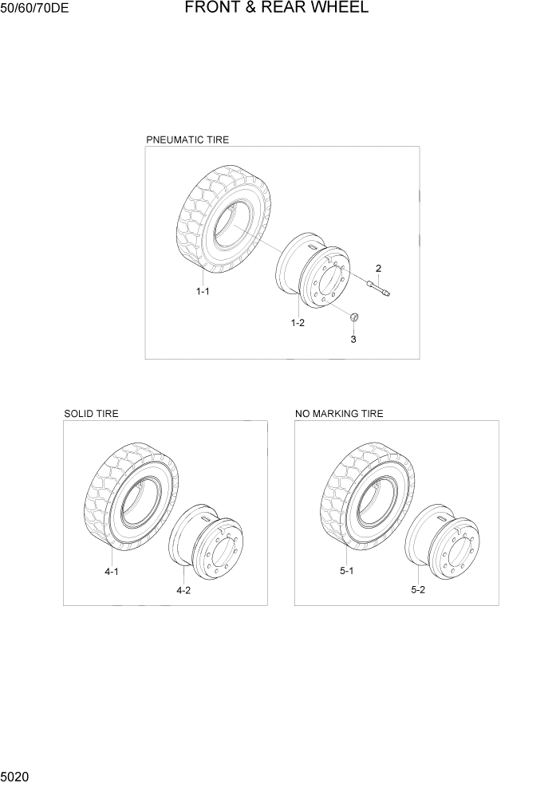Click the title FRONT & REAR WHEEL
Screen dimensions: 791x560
pos(277,9)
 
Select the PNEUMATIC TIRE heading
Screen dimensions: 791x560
pos(187,140)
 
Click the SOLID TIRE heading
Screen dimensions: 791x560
pos(91,414)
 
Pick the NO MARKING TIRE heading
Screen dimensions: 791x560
pos(339,414)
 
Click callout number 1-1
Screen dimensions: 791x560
pos(203,292)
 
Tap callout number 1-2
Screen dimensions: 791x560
pos(298,323)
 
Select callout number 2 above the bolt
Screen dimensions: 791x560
pos(378,268)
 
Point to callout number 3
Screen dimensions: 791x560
pos(353,339)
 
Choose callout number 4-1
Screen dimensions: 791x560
pos(111,572)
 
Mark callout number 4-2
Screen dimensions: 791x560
pos(183,590)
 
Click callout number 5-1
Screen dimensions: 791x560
pos(346,572)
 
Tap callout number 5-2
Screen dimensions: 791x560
pos(418,590)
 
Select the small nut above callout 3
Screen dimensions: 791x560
pos(354,319)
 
